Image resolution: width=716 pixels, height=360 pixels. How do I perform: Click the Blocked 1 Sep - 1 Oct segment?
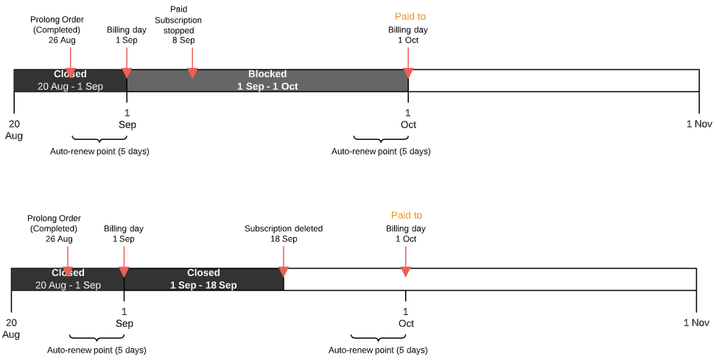tap(267, 80)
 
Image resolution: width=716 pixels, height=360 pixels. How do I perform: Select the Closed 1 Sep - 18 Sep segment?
tap(203, 279)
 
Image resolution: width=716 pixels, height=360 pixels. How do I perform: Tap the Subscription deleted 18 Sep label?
tap(284, 233)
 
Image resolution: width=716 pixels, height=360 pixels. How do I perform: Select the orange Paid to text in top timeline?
tap(410, 16)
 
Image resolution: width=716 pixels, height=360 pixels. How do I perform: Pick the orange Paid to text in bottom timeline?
tap(407, 215)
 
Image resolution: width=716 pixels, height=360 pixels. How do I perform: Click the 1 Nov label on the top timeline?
tap(699, 124)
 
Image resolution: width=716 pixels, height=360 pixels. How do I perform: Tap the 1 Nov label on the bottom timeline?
tap(696, 322)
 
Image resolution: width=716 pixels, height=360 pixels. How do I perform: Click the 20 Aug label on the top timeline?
tap(14, 130)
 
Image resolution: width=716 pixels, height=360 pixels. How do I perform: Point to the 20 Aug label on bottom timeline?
tap(11, 328)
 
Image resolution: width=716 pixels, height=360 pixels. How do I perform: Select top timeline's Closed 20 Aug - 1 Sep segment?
tap(70, 80)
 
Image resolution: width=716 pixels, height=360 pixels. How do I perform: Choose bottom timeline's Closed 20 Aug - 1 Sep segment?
tap(68, 279)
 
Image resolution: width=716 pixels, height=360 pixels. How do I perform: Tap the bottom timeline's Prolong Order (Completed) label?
tap(54, 228)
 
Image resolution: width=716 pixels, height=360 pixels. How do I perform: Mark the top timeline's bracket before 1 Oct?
tap(380, 138)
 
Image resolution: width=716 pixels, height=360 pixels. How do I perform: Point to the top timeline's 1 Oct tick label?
tap(408, 119)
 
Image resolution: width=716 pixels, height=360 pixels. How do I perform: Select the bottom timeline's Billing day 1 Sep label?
tap(124, 233)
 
